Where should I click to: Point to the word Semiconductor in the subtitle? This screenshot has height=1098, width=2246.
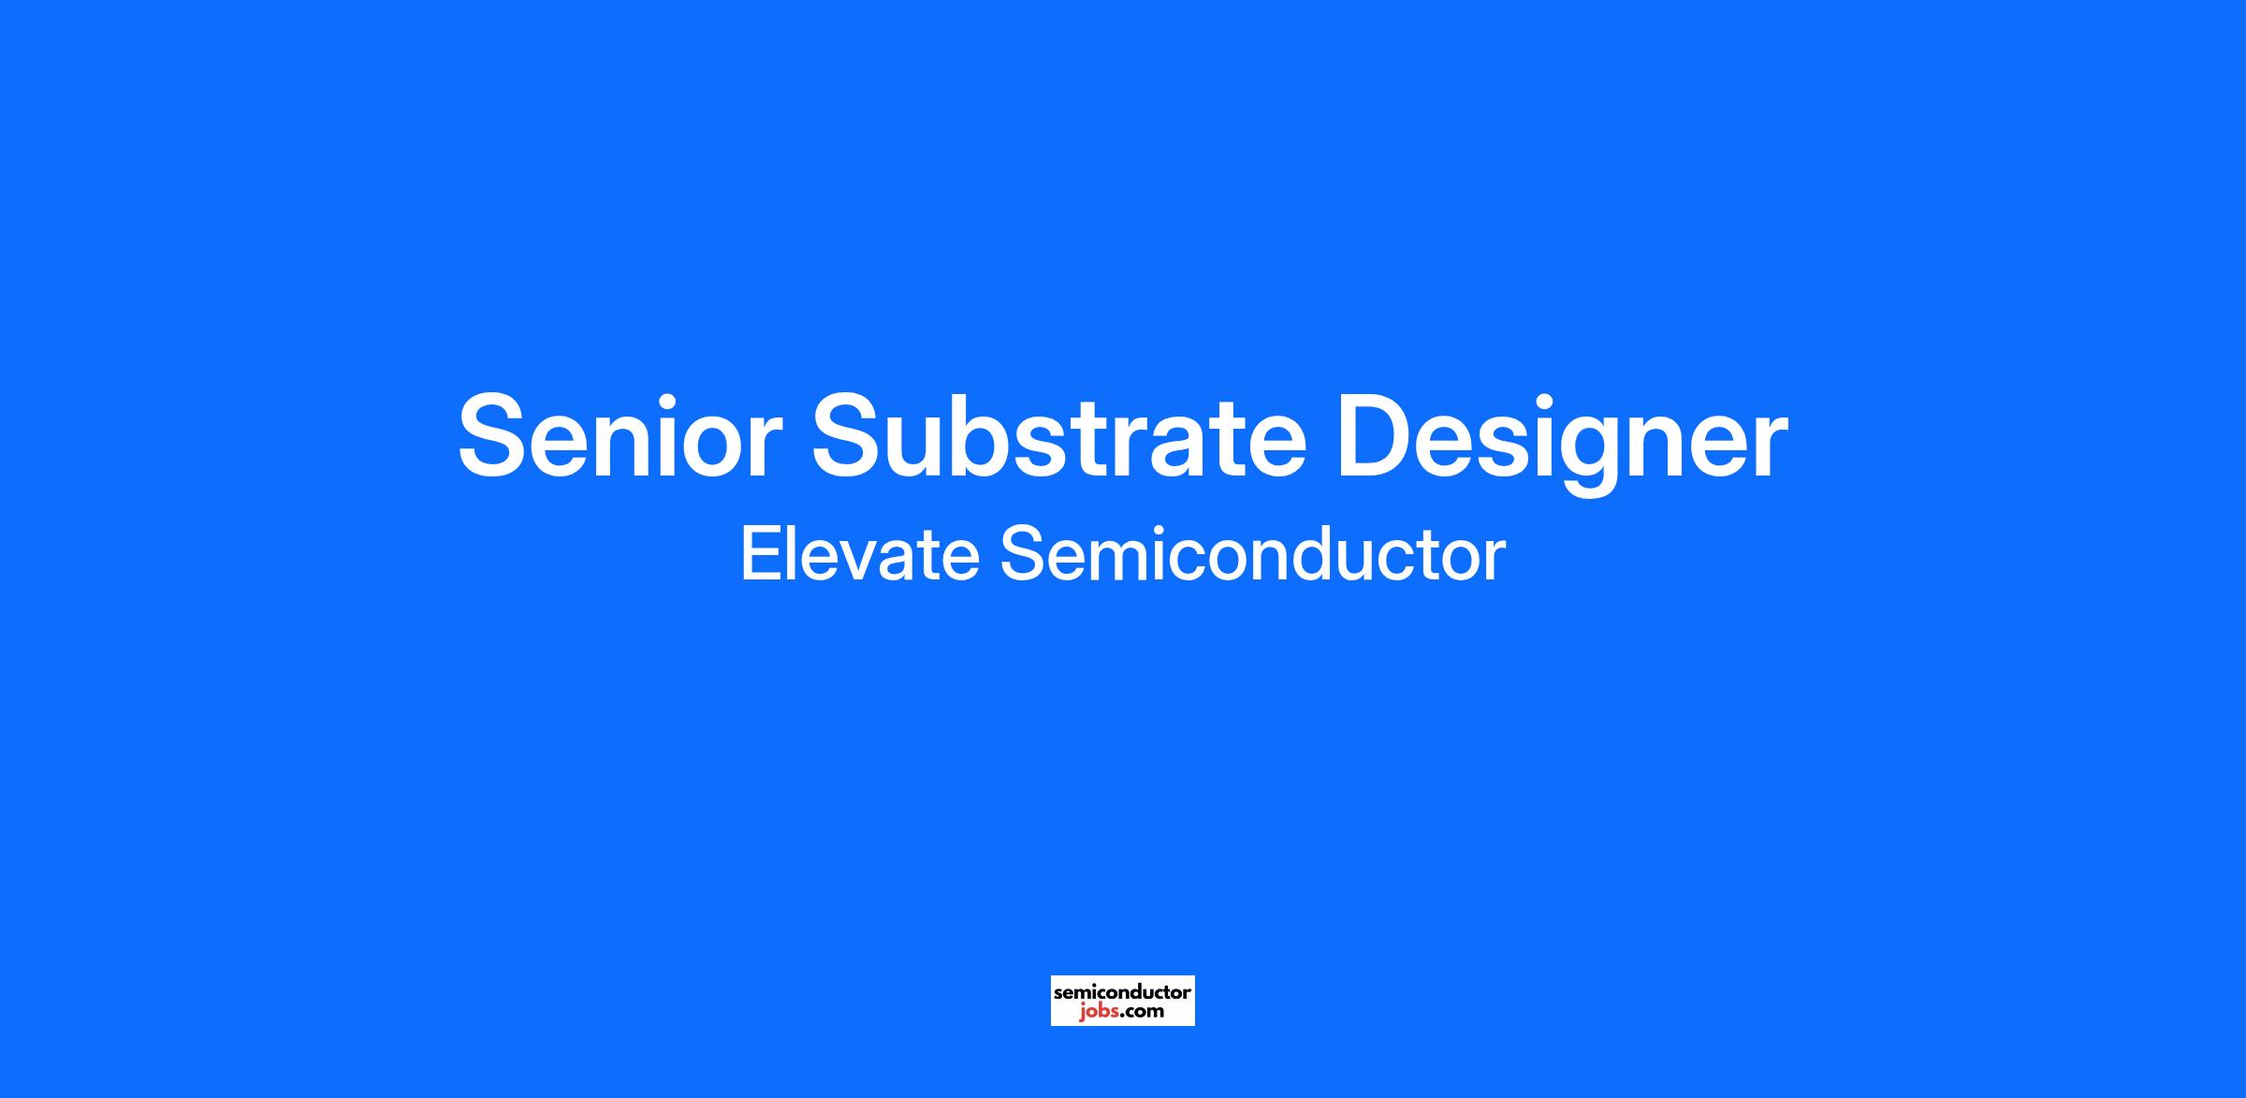tap(1253, 554)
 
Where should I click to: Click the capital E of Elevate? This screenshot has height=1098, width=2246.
tap(762, 554)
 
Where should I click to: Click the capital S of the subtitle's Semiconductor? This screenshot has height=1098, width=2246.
tap(1023, 554)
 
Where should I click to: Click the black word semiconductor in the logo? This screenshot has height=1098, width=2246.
tap(1122, 991)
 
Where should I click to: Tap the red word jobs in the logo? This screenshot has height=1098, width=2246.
tap(1095, 1012)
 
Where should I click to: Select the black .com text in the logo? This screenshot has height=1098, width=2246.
tap(1139, 1012)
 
